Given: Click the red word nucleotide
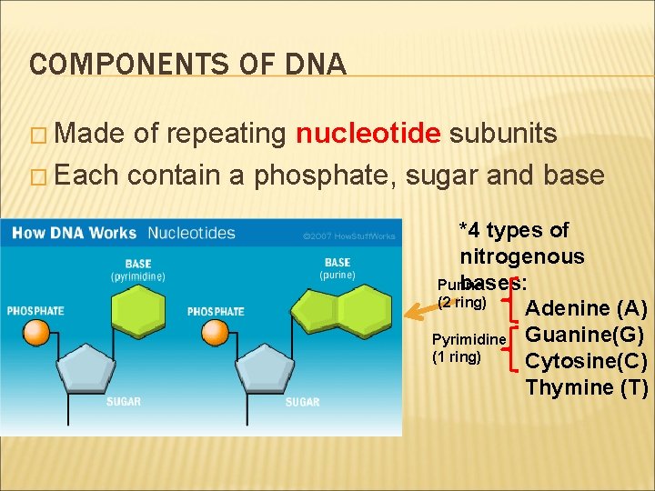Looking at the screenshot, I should point(368,135).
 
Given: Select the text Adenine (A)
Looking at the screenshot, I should point(587,307).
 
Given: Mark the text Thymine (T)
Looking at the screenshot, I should point(587,387).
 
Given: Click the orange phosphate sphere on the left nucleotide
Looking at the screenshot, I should point(35,332).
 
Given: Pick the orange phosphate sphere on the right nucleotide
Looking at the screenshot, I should point(216,333).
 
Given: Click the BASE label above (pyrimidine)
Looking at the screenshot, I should point(138,265).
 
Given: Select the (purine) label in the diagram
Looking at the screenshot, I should point(337,276).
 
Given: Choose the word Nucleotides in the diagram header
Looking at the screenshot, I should point(191,234).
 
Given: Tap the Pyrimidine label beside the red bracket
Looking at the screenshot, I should point(469,339).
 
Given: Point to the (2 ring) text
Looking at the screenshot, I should point(463,301).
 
